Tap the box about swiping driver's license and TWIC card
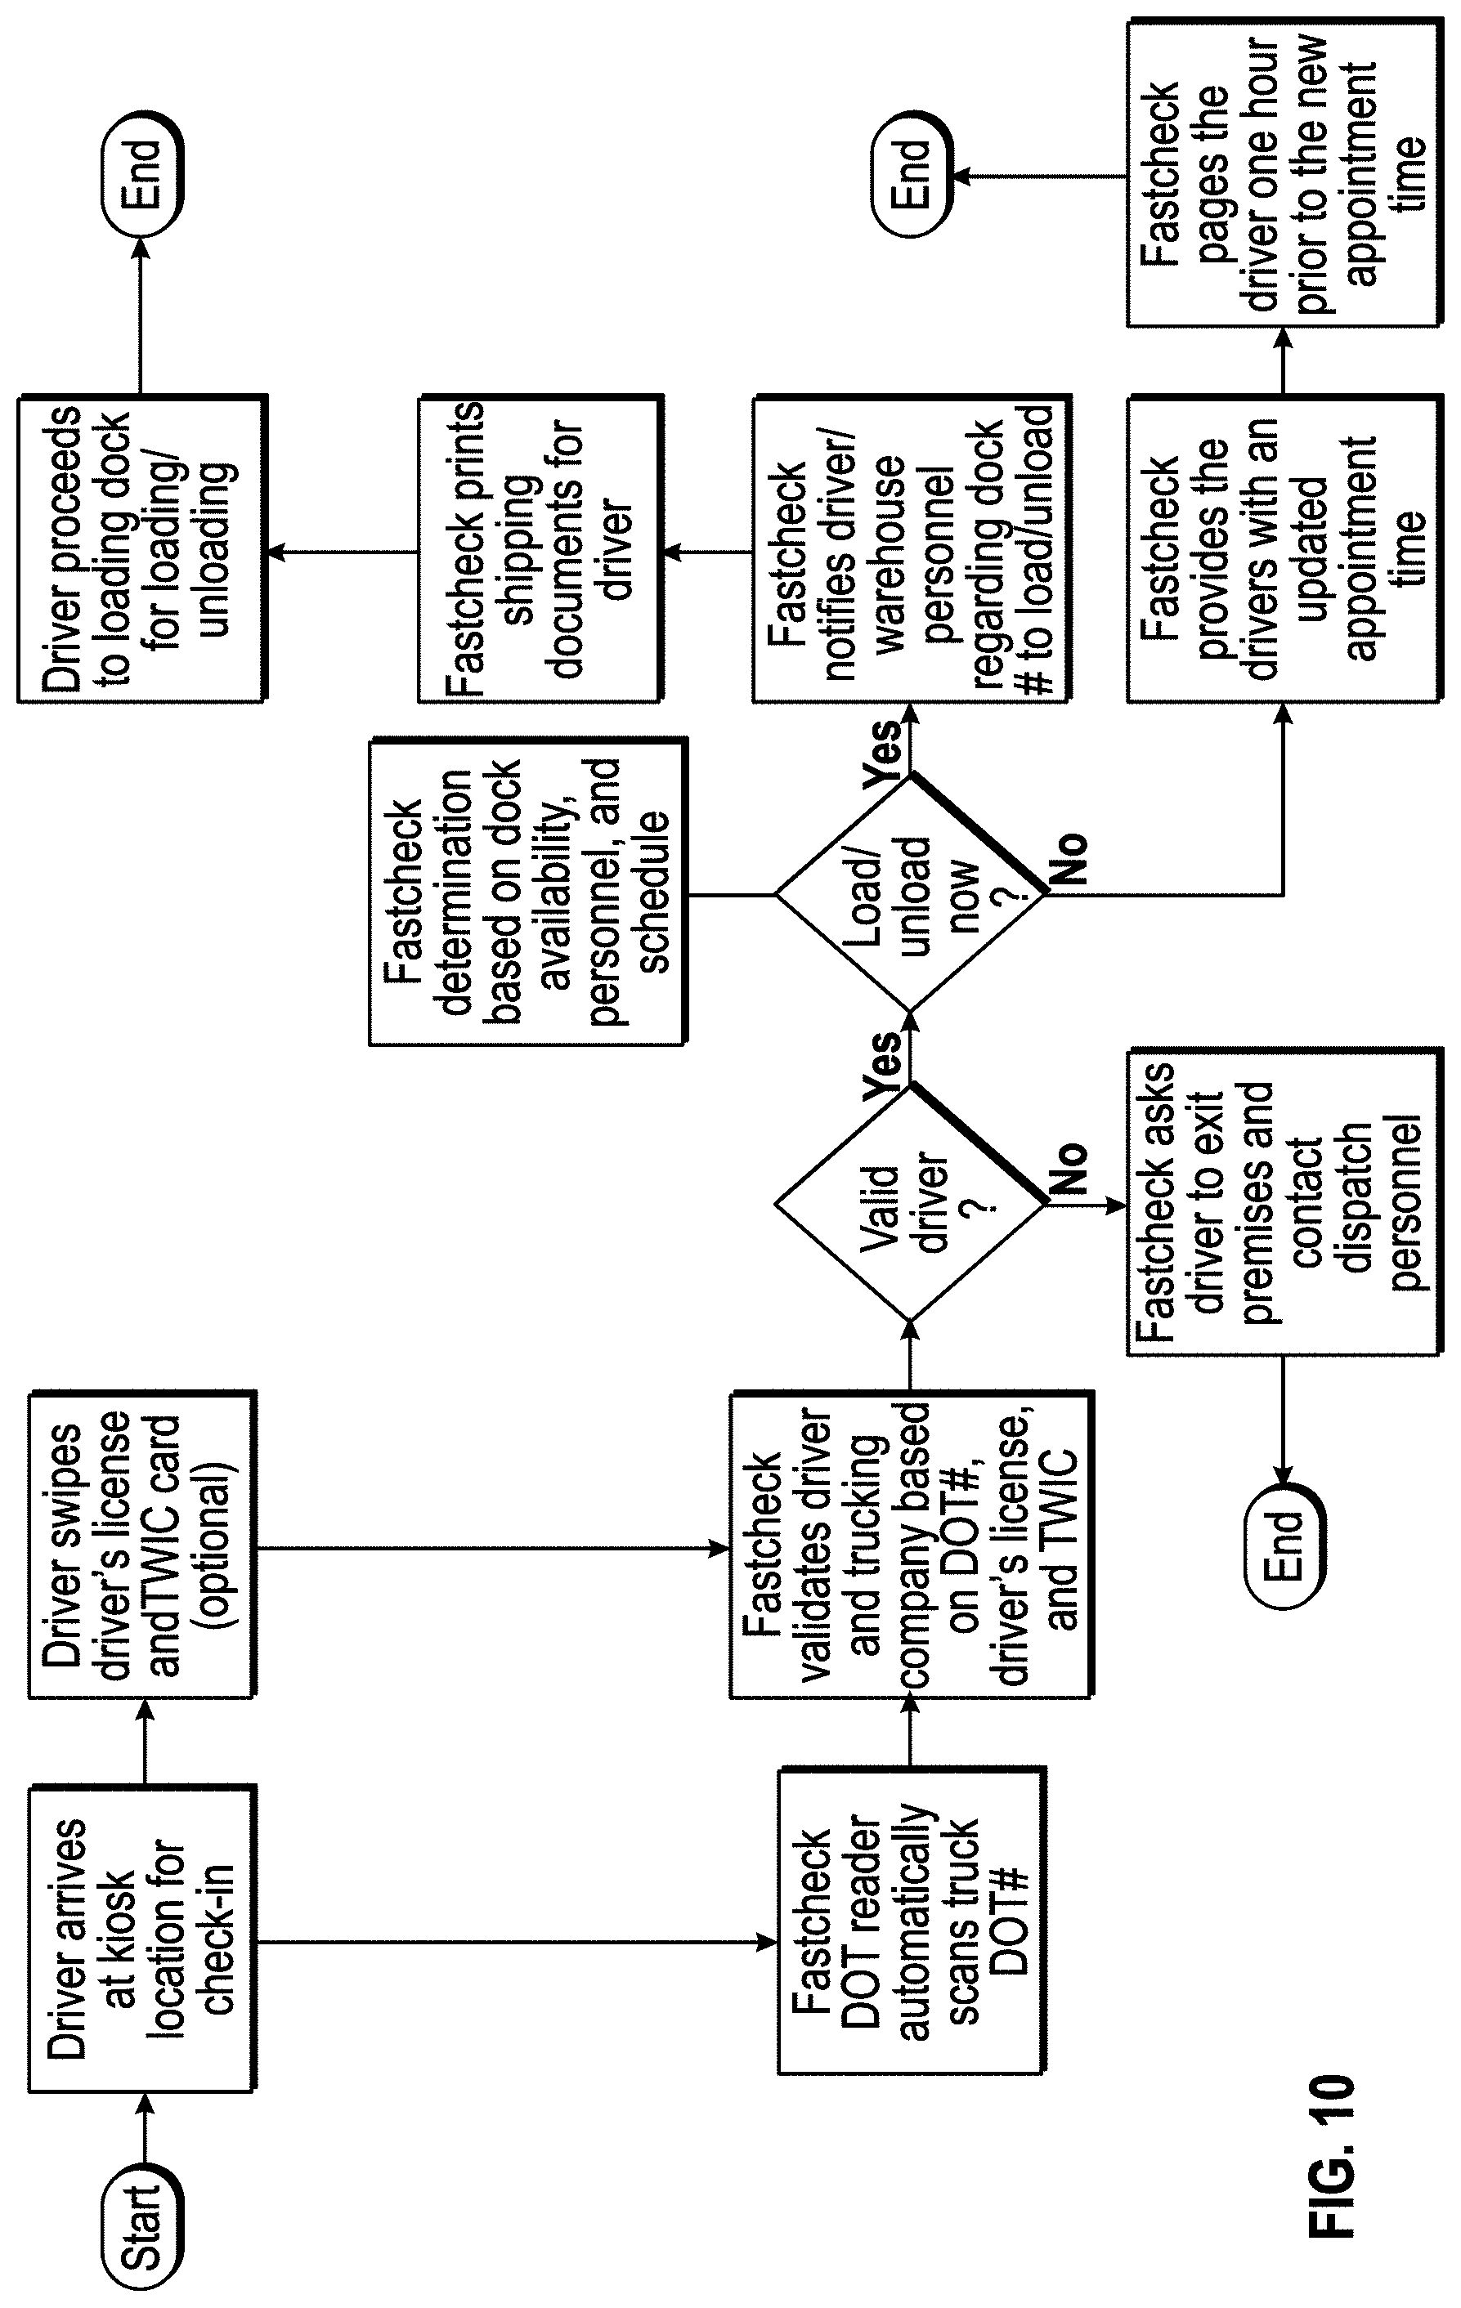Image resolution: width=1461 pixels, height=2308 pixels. click(143, 1546)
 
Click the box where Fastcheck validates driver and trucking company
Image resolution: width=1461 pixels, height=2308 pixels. click(912, 1547)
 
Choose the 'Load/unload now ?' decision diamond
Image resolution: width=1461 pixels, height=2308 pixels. click(910, 894)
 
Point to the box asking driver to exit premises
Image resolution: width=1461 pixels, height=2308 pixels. click(1284, 1201)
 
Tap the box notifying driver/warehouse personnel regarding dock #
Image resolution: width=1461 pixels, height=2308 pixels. click(912, 549)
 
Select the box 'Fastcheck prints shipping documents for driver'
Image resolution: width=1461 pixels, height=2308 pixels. click(540, 549)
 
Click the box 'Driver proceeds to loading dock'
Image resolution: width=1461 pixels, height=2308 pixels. click(142, 549)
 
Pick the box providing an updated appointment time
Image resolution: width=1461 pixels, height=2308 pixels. click(1284, 549)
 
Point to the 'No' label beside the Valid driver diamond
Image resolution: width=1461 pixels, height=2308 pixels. click(1069, 1167)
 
